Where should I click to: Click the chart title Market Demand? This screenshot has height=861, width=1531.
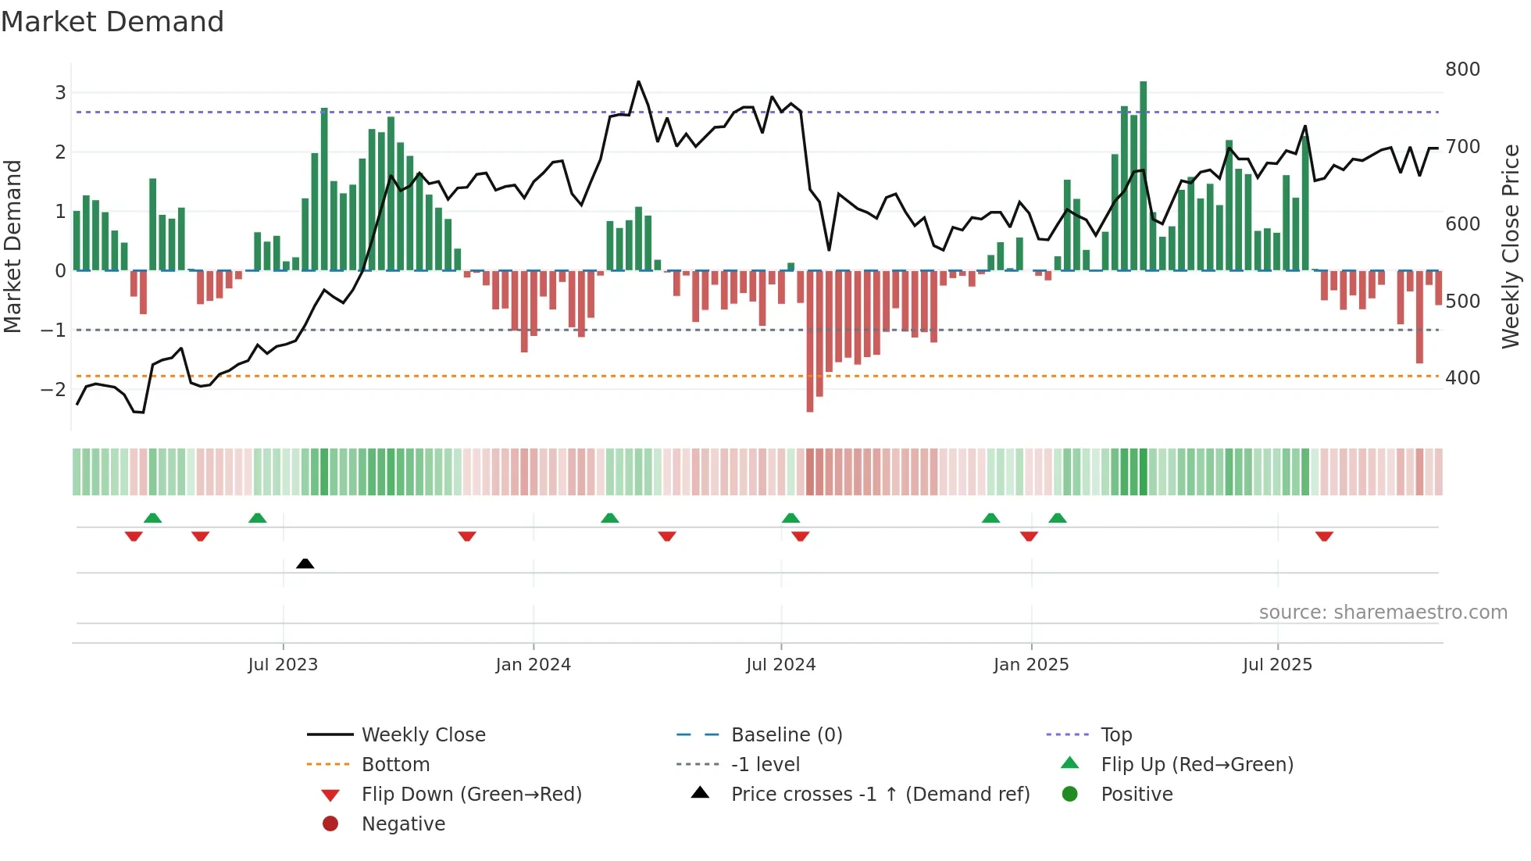tap(112, 22)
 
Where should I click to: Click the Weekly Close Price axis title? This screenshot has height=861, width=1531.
tap(1511, 246)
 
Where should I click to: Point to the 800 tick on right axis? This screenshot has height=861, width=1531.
tap(1462, 70)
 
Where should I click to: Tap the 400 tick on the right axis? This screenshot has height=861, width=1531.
tap(1462, 378)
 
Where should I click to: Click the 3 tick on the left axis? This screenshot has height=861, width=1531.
tap(60, 93)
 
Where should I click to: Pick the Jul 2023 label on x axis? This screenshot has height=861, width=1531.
tap(283, 665)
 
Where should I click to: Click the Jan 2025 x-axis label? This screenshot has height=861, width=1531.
tap(1031, 665)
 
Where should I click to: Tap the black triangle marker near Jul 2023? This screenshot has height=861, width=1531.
tap(305, 563)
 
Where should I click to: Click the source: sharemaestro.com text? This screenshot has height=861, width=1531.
tap(1383, 613)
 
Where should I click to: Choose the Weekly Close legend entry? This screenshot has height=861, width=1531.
tap(423, 735)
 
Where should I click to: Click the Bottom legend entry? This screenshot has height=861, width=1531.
tap(395, 765)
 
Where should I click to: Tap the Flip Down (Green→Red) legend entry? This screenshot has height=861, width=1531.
tap(471, 795)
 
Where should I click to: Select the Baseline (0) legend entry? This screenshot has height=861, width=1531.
tap(786, 735)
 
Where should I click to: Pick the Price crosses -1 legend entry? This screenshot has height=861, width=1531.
tap(880, 795)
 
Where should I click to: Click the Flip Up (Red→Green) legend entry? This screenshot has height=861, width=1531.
tap(1197, 765)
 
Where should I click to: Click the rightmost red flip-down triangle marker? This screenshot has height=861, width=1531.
tap(1324, 536)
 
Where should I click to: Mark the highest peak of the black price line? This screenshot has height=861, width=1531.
tap(638, 82)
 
